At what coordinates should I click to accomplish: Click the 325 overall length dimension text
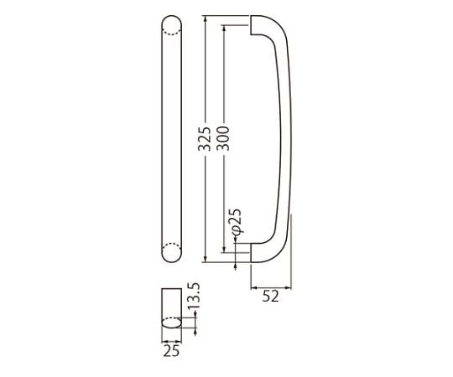pyautogui.click(x=206, y=139)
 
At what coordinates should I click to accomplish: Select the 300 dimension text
pyautogui.click(x=224, y=139)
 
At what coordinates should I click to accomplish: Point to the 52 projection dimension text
pyautogui.click(x=271, y=297)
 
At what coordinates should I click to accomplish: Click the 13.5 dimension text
pyautogui.click(x=194, y=296)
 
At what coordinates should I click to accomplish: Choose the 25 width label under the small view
pyautogui.click(x=172, y=351)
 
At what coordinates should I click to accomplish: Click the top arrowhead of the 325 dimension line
pyautogui.click(x=206, y=18)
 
